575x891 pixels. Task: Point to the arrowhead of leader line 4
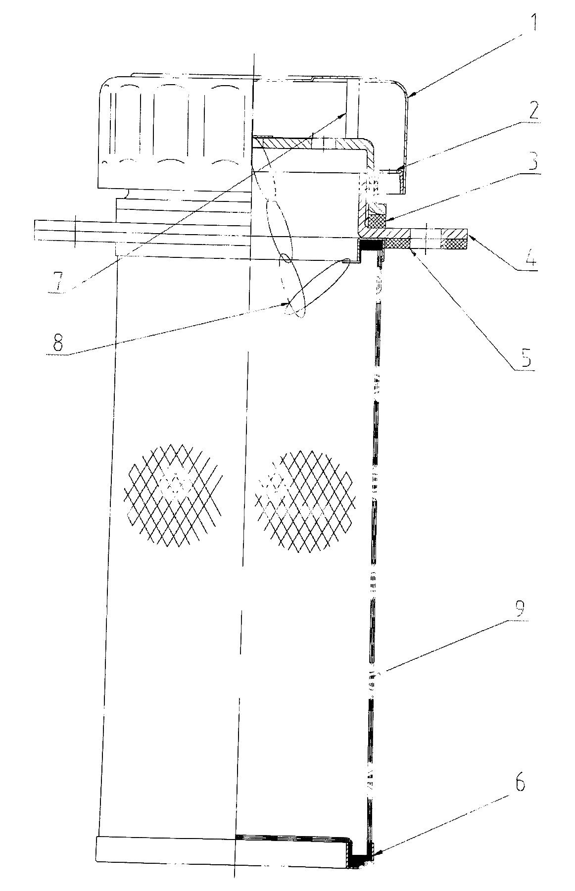[x=469, y=238]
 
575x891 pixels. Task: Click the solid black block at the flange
[x=371, y=245]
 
